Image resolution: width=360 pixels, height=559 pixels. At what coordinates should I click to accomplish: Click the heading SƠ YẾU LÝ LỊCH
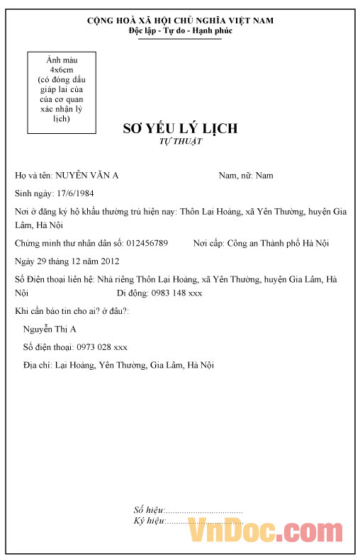click(180, 128)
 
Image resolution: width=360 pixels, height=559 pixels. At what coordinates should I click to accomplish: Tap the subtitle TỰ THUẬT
click(180, 142)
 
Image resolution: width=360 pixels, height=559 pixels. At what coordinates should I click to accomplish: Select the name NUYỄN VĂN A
click(87, 175)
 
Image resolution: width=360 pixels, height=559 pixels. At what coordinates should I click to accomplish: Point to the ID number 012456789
click(147, 243)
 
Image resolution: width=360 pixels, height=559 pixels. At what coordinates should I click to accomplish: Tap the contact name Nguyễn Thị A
click(50, 329)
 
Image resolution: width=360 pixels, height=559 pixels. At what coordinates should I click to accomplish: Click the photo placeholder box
click(61, 93)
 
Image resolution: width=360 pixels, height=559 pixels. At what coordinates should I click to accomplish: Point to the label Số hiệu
click(148, 510)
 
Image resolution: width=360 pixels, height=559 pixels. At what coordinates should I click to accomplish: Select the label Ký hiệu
click(149, 521)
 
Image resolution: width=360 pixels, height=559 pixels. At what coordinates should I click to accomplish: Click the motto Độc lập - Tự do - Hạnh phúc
click(180, 31)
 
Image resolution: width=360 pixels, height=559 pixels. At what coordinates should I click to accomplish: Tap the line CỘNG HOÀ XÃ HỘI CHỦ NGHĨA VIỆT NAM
click(180, 21)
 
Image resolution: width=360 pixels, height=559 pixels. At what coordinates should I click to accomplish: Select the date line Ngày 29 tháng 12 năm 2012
click(62, 261)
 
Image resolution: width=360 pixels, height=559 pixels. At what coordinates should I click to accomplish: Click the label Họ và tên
click(33, 175)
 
